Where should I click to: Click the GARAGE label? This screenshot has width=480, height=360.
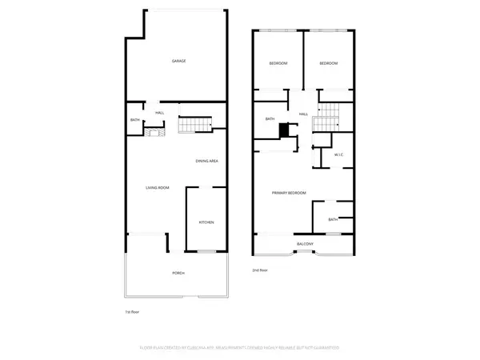(178, 61)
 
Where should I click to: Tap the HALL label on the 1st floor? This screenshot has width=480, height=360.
(160, 113)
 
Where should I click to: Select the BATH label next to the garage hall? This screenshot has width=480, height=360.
(135, 121)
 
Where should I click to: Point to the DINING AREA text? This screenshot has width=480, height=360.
(207, 162)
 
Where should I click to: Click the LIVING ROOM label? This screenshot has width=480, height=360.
(157, 188)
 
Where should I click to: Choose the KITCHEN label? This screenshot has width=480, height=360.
(206, 222)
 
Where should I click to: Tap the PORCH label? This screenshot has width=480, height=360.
(178, 274)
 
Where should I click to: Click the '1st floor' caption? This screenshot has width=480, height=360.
(132, 311)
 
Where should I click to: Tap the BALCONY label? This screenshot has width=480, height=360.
(305, 243)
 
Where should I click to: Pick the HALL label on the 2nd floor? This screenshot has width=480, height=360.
(304, 114)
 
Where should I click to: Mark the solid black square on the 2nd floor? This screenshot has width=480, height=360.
(283, 130)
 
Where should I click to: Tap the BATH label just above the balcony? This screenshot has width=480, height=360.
(333, 218)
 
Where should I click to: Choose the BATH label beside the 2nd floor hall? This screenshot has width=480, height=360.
(270, 119)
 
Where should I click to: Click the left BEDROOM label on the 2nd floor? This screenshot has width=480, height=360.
(278, 63)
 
